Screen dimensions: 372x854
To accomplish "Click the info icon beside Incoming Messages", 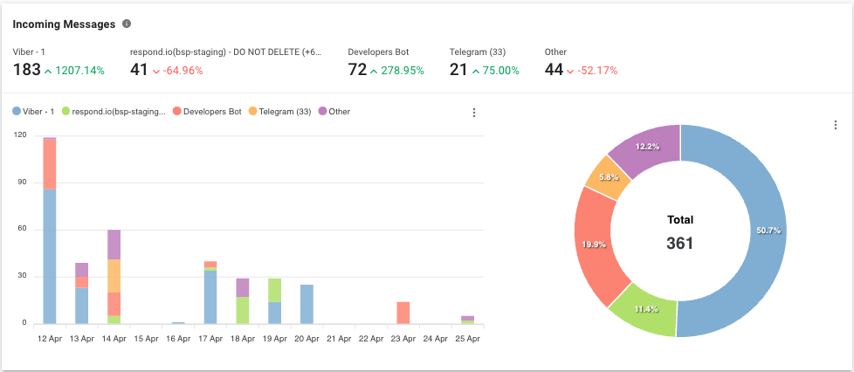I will pyautogui.click(x=127, y=24).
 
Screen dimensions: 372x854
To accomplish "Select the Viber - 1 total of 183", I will pyautogui.click(x=26, y=70).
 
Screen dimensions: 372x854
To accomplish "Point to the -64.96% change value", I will pyautogui.click(x=177, y=71).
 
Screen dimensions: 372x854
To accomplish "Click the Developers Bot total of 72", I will pyautogui.click(x=356, y=70).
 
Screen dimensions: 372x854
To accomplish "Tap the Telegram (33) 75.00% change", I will pyautogui.click(x=495, y=71).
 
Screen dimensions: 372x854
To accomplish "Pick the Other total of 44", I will pyautogui.click(x=554, y=70).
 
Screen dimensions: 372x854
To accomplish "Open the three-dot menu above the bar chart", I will pyautogui.click(x=474, y=113).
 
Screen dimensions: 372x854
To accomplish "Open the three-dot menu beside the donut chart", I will pyautogui.click(x=836, y=125).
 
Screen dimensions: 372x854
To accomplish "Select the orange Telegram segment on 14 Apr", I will pyautogui.click(x=114, y=275).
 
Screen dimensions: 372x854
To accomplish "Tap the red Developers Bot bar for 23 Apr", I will pyautogui.click(x=403, y=313).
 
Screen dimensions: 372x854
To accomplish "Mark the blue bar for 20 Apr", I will pyautogui.click(x=306, y=304).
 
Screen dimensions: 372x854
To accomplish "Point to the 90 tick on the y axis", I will pyautogui.click(x=21, y=183).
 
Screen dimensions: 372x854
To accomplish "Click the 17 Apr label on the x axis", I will pyautogui.click(x=210, y=336).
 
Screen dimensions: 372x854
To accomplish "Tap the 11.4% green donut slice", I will pyautogui.click(x=642, y=308).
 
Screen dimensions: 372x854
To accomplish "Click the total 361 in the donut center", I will pyautogui.click(x=679, y=243).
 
